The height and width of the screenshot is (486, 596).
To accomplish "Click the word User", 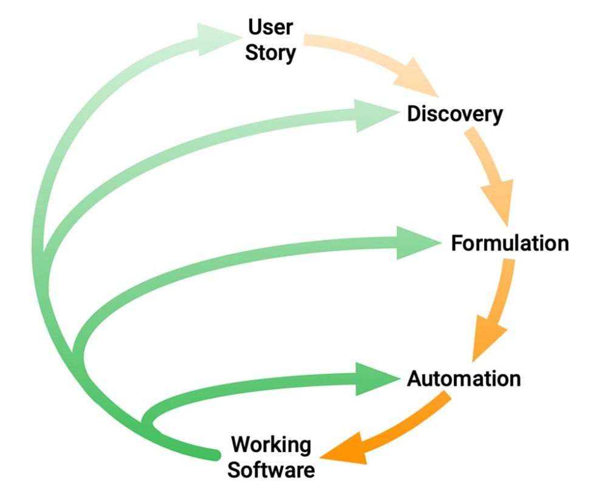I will click(270, 27).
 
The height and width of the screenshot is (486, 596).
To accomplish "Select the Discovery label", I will click(454, 114).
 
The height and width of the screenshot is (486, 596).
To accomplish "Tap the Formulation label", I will click(510, 243).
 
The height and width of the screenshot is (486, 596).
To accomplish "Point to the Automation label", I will click(464, 379).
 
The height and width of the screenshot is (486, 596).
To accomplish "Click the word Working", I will click(271, 444).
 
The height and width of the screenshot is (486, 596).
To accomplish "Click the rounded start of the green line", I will click(214, 454).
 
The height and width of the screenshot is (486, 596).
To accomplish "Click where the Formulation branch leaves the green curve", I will click(74, 352).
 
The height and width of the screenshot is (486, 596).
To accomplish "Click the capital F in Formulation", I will click(457, 243).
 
